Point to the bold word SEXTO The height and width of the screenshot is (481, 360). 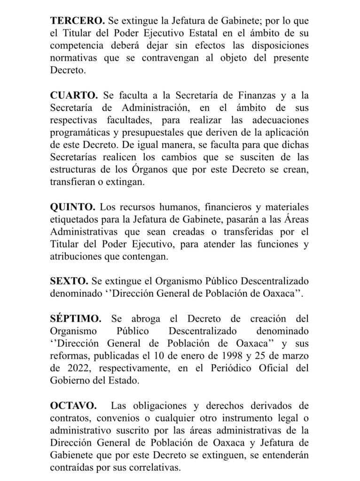pyautogui.click(x=69, y=282)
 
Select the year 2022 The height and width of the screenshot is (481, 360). pyautogui.click(x=75, y=369)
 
